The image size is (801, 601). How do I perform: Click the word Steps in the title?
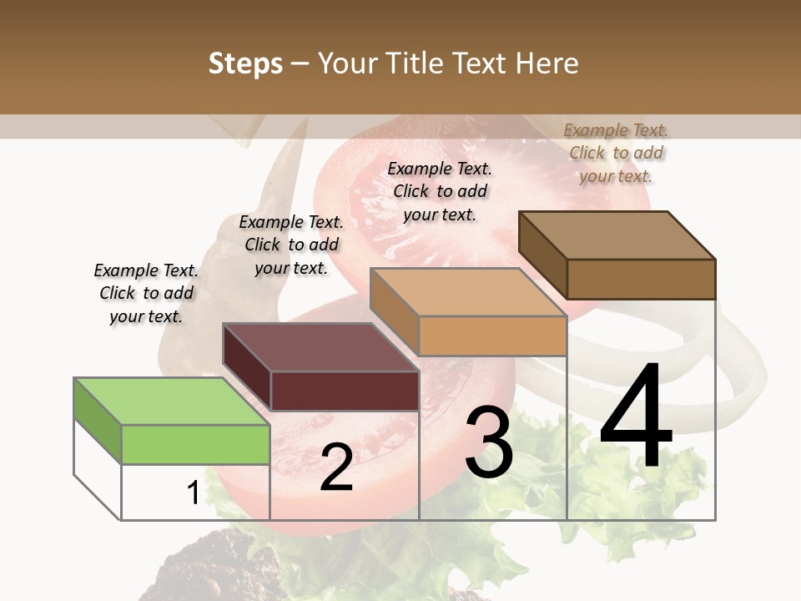(x=245, y=63)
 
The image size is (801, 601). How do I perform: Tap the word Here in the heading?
(x=547, y=63)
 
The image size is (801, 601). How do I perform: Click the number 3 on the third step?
(x=489, y=442)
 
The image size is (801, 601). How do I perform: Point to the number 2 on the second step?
(x=336, y=467)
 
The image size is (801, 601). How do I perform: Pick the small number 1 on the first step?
(x=193, y=493)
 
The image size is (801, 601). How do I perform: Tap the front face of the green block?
(x=196, y=444)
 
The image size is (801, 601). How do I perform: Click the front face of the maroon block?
(x=345, y=391)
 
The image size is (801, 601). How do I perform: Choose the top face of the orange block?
(x=468, y=292)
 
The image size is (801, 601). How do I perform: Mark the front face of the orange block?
(x=492, y=336)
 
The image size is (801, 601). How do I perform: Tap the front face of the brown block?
(x=641, y=279)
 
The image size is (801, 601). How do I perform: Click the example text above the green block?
(x=146, y=293)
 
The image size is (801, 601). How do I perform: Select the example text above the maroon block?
(x=291, y=245)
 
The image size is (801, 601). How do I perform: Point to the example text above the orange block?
(x=440, y=191)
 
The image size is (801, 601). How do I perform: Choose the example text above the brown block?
(x=616, y=153)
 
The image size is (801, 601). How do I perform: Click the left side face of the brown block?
(x=542, y=255)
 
